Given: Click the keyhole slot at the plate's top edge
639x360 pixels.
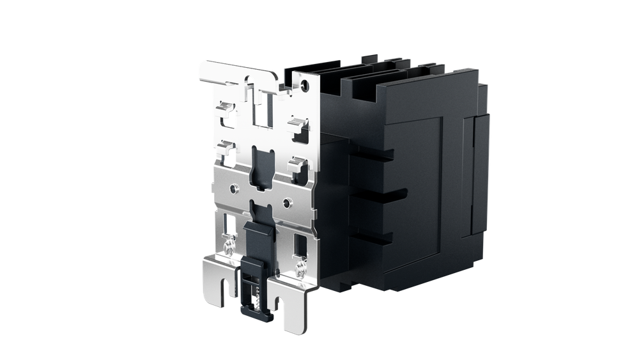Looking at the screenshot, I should pos(249,84).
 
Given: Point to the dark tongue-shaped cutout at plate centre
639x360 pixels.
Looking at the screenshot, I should pos(263,165).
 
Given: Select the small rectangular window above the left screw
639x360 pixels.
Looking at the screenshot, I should pos(229,226).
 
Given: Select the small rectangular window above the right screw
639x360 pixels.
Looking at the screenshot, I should pos(299,244).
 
